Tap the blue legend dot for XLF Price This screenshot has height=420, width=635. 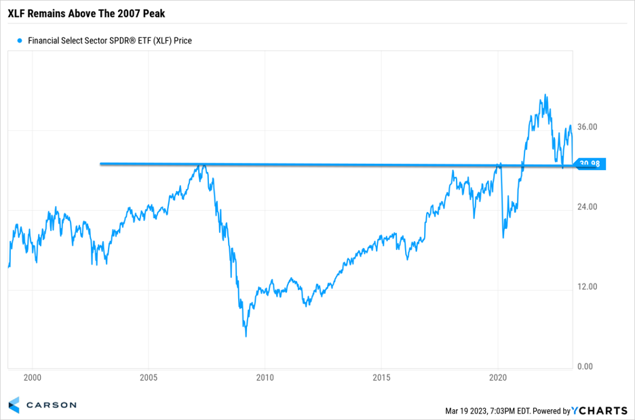(20, 41)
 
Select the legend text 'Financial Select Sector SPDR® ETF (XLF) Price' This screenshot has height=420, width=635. (110, 41)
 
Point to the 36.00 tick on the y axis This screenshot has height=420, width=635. (587, 127)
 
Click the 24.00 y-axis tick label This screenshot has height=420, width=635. (587, 207)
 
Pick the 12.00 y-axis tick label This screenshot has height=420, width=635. (587, 287)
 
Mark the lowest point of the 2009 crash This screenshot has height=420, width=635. (246, 336)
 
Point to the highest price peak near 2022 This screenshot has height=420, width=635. (545, 95)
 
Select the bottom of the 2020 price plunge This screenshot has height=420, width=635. (503, 237)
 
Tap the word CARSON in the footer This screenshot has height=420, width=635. (52, 405)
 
